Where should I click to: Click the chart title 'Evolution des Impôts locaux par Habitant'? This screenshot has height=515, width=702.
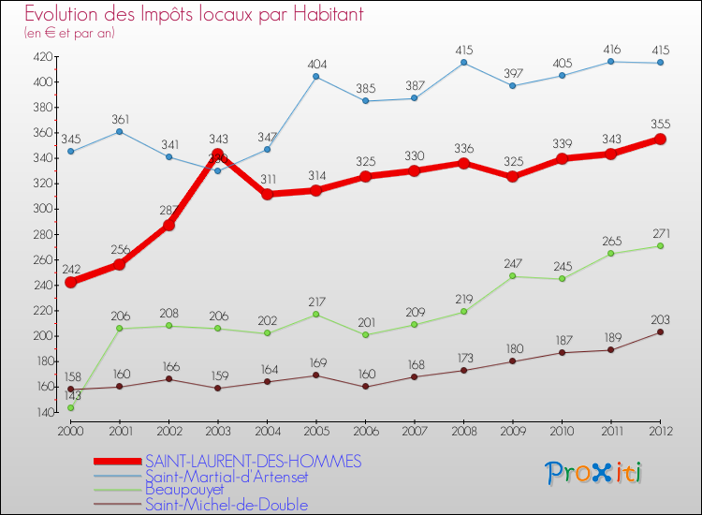coord(194,15)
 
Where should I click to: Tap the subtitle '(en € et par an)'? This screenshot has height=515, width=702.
coord(70,34)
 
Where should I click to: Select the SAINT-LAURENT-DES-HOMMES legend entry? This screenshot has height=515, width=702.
coord(253,462)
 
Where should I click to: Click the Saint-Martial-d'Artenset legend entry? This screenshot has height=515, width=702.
coord(227,477)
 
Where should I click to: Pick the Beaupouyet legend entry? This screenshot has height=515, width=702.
coord(184,490)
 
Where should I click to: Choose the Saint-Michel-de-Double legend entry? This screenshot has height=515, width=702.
coord(227,505)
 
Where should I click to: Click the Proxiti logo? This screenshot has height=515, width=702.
coord(594,473)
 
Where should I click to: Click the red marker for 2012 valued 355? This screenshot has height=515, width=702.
coord(660,139)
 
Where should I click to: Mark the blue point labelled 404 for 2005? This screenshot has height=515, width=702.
coord(315,77)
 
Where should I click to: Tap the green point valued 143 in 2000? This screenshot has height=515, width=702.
coord(70,408)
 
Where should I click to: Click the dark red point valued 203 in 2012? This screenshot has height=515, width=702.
coord(660,331)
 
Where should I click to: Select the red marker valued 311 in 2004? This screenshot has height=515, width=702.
coord(267,195)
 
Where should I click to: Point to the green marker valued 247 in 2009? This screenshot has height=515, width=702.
coord(513,276)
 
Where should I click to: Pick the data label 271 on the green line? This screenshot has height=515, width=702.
coord(660,233)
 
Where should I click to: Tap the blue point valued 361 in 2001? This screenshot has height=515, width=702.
coord(120,131)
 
